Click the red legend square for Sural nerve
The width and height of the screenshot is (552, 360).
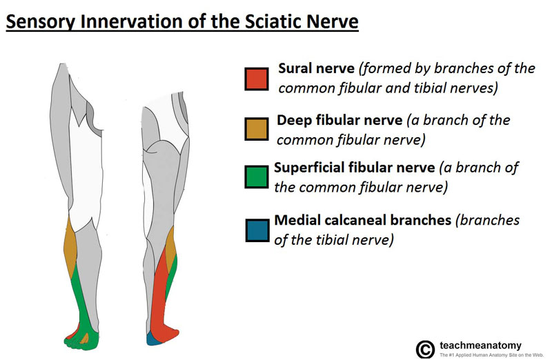point(255,79)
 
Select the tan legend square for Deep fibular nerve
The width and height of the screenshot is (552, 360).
point(255,129)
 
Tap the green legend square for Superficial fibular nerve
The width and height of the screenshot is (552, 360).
point(255,177)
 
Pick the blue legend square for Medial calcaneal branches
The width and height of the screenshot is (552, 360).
point(255,230)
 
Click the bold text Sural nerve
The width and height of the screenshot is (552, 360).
point(317,69)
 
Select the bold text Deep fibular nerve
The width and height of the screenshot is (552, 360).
point(339,120)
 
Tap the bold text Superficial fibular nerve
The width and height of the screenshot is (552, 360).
point(355,168)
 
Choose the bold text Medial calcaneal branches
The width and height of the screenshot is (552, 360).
point(363,221)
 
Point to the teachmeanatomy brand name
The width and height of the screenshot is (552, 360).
point(480,344)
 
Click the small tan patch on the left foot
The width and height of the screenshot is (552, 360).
point(85,339)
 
